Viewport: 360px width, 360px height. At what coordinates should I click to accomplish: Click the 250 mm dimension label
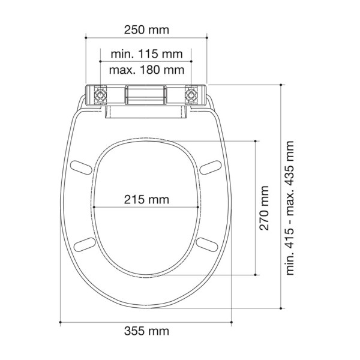point(146,30)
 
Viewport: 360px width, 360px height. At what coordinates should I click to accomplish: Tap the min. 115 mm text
point(147,54)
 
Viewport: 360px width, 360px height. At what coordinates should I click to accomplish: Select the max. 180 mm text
point(147,70)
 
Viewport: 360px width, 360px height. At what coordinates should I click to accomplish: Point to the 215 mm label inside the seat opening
point(146,200)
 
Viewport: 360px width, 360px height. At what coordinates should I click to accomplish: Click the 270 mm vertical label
point(264,208)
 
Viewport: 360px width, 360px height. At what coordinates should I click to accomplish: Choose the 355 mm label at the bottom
point(146,331)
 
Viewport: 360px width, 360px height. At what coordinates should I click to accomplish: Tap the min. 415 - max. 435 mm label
point(290,208)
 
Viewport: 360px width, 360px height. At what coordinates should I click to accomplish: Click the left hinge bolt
point(100,95)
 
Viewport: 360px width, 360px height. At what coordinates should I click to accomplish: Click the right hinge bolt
point(191,95)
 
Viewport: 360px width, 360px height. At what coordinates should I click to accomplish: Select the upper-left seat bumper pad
point(81,167)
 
